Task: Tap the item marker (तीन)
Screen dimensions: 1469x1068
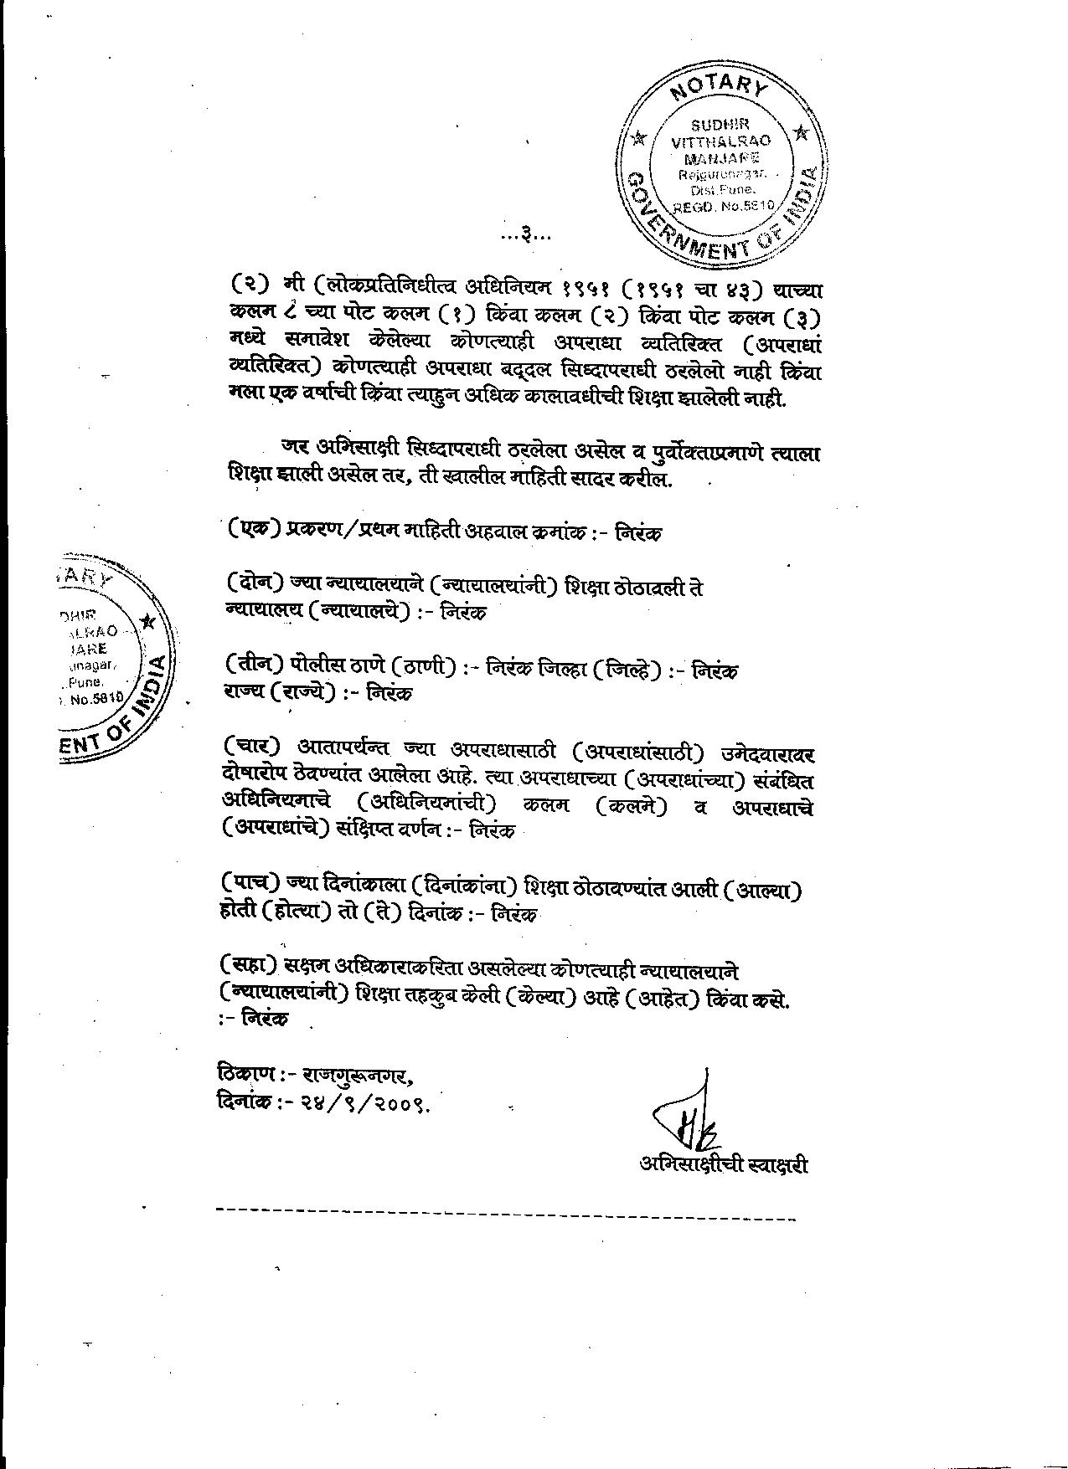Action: pyautogui.click(x=255, y=666)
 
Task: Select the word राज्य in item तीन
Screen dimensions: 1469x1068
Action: pyautogui.click(x=243, y=694)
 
